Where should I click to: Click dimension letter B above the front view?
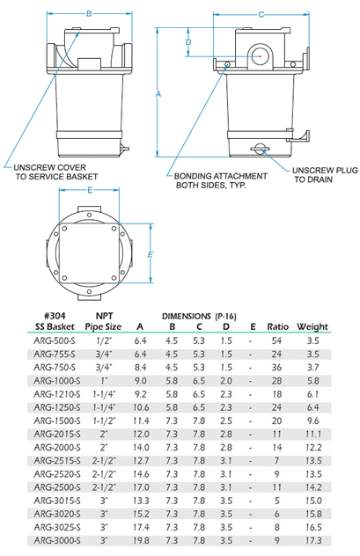(x=89, y=13)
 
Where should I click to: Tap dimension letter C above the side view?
(x=261, y=15)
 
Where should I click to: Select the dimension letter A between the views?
(x=158, y=94)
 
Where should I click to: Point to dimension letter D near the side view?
(x=188, y=42)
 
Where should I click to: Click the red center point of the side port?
(x=260, y=56)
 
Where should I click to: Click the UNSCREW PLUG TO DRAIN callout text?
(x=325, y=175)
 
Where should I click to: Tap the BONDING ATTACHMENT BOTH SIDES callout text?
(x=221, y=180)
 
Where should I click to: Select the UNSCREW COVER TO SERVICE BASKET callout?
(x=55, y=172)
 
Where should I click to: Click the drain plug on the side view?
(x=260, y=149)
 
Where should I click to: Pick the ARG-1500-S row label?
(x=57, y=421)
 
